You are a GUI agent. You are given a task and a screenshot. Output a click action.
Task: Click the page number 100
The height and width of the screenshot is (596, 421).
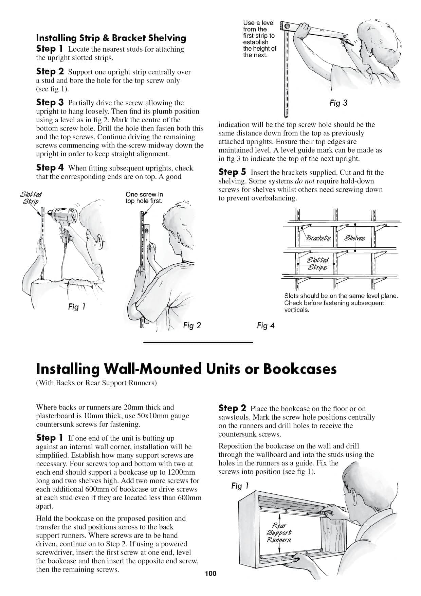[210, 574]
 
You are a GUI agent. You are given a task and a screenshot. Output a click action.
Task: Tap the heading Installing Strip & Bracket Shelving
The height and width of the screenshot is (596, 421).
[111, 38]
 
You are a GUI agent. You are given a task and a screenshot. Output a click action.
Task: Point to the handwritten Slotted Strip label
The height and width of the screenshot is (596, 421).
[31, 198]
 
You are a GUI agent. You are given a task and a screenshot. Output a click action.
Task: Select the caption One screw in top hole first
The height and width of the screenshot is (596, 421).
[144, 197]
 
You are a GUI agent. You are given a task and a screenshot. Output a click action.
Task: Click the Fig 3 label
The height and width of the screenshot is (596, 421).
[338, 103]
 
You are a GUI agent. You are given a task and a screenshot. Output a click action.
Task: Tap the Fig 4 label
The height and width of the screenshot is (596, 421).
[266, 326]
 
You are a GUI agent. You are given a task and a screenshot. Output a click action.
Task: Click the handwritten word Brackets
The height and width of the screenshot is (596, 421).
[318, 238]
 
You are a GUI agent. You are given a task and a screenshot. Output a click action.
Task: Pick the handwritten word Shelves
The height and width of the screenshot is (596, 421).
[355, 238]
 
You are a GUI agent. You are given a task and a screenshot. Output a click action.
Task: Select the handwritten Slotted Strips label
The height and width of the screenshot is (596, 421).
[318, 264]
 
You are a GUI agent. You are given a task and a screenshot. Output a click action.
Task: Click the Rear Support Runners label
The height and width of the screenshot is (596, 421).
[279, 533]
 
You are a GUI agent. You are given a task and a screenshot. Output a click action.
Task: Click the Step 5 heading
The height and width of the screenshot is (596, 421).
[232, 172]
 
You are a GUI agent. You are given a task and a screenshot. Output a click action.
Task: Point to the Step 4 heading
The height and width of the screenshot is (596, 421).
[50, 168]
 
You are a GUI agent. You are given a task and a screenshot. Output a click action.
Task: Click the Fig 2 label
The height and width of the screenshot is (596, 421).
[192, 326]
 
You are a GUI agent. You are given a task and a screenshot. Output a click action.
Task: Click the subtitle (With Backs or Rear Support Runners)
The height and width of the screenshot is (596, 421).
[96, 383]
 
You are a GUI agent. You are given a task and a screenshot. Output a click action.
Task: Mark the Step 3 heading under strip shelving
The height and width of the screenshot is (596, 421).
[50, 102]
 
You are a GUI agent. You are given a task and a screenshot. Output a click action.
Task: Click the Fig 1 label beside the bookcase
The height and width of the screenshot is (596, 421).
[240, 486]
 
